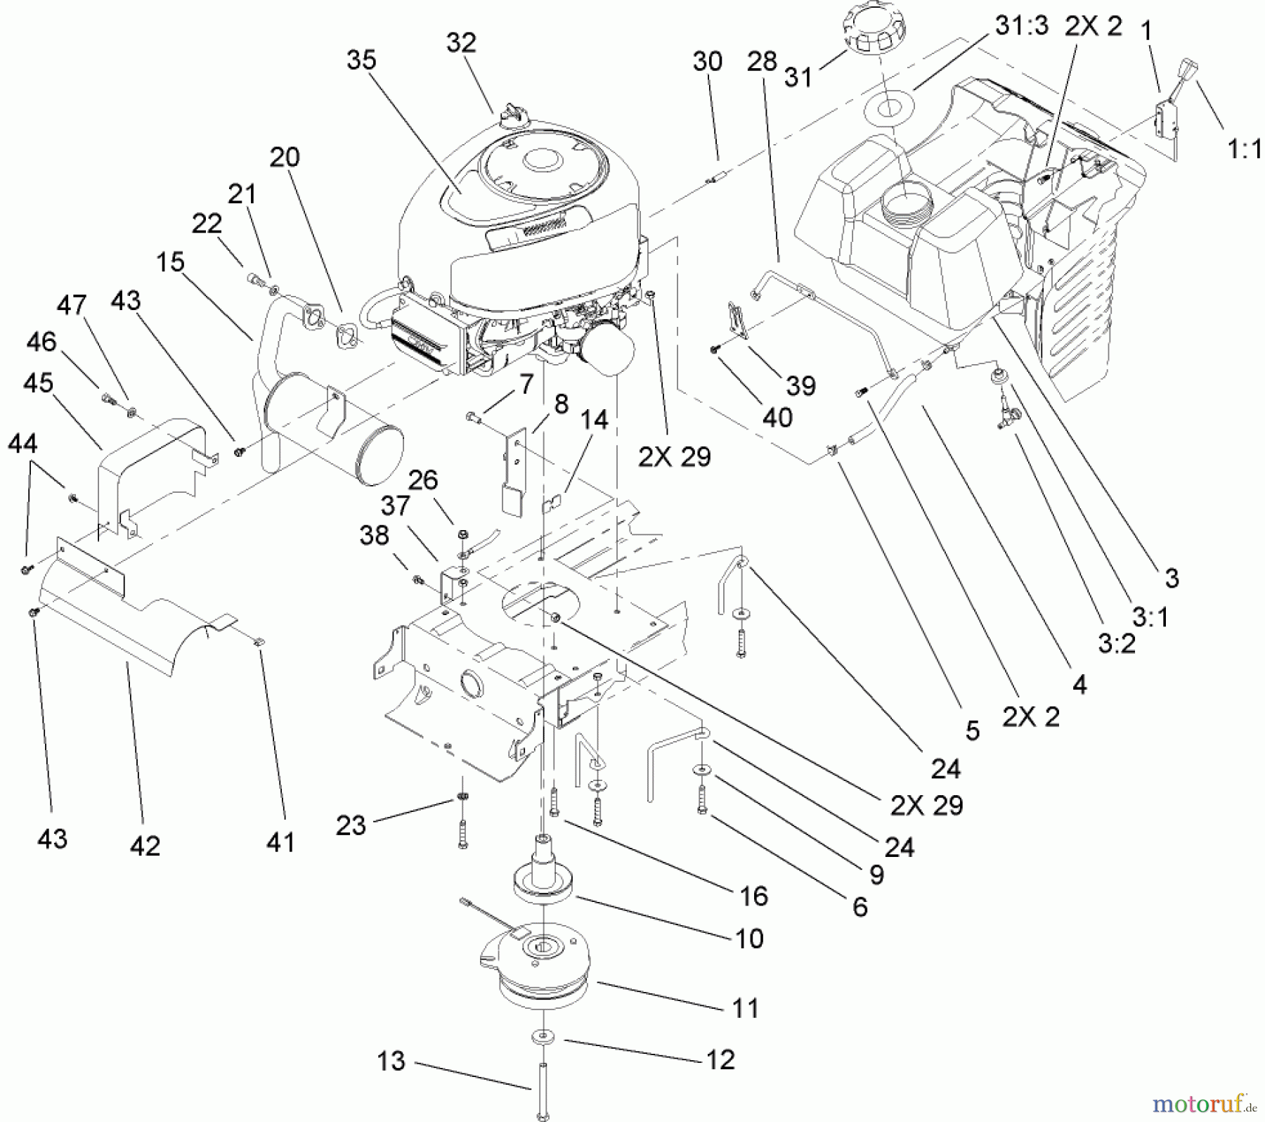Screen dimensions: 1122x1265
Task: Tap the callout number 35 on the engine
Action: pyautogui.click(x=361, y=60)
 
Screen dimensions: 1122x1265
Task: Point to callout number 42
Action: pyautogui.click(x=145, y=846)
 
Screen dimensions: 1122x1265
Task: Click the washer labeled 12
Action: pyautogui.click(x=545, y=1037)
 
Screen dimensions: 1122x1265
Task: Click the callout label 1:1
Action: pyautogui.click(x=1244, y=149)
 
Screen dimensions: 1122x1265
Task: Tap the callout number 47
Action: pyautogui.click(x=72, y=306)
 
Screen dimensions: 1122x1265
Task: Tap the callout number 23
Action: pyautogui.click(x=351, y=825)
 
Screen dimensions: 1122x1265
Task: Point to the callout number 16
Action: pyautogui.click(x=753, y=896)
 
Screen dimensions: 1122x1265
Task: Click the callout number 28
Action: pyautogui.click(x=762, y=61)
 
